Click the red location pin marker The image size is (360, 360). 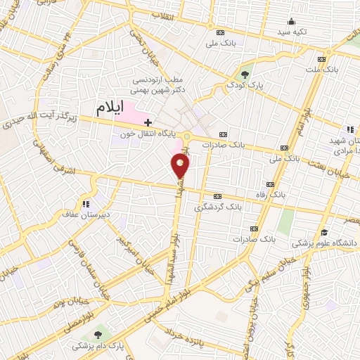pyautogui.click(x=181, y=166)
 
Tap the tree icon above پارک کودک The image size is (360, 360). pyautogui.click(x=245, y=72)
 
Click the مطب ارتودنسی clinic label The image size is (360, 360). pyautogui.click(x=160, y=85)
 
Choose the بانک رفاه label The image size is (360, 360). pyautogui.click(x=286, y=193)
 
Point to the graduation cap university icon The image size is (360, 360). pyautogui.click(x=324, y=233)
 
